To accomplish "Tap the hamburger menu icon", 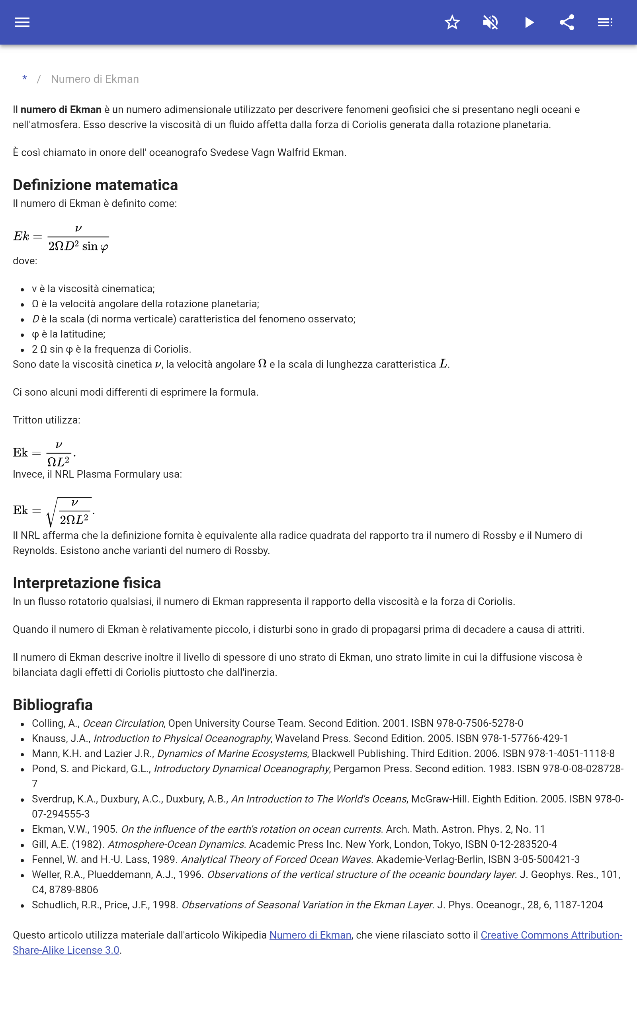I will coord(22,22).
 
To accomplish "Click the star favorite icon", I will coord(452,22).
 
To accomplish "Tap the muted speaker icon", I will coord(490,22).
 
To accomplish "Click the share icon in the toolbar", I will coord(567,22).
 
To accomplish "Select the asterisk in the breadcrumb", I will coord(25,79).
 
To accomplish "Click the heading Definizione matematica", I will coord(95,185).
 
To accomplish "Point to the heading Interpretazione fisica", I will coord(87,583).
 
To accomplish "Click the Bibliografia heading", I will coord(53,705).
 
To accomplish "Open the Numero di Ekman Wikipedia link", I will coord(310,935).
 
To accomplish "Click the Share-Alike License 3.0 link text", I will coord(66,950).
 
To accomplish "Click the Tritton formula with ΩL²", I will coord(45,453).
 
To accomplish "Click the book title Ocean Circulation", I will coord(123,723).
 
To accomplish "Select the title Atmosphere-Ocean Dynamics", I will coord(176,844).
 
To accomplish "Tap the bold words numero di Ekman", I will coord(61,109).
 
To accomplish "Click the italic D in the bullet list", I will coord(35,319).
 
